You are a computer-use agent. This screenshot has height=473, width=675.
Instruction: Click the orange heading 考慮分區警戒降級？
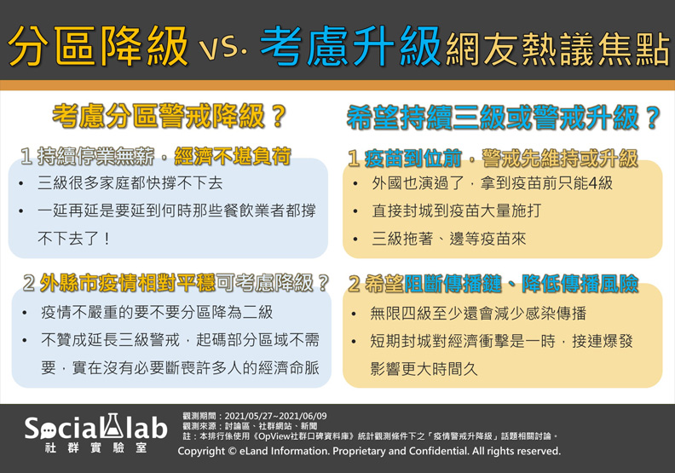[170, 117]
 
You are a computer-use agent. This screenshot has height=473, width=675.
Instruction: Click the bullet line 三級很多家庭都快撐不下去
[130, 183]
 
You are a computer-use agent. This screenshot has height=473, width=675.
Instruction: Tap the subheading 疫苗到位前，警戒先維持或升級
[492, 158]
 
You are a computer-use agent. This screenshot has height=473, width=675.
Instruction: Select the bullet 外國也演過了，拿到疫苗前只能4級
[492, 183]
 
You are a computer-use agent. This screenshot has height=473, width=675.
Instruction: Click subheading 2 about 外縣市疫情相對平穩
[176, 283]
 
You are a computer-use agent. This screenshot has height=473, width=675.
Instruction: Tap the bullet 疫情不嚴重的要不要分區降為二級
[157, 312]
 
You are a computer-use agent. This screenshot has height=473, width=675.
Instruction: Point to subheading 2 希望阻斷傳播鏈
[493, 284]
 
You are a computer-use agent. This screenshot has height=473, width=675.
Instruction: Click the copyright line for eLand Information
[368, 451]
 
